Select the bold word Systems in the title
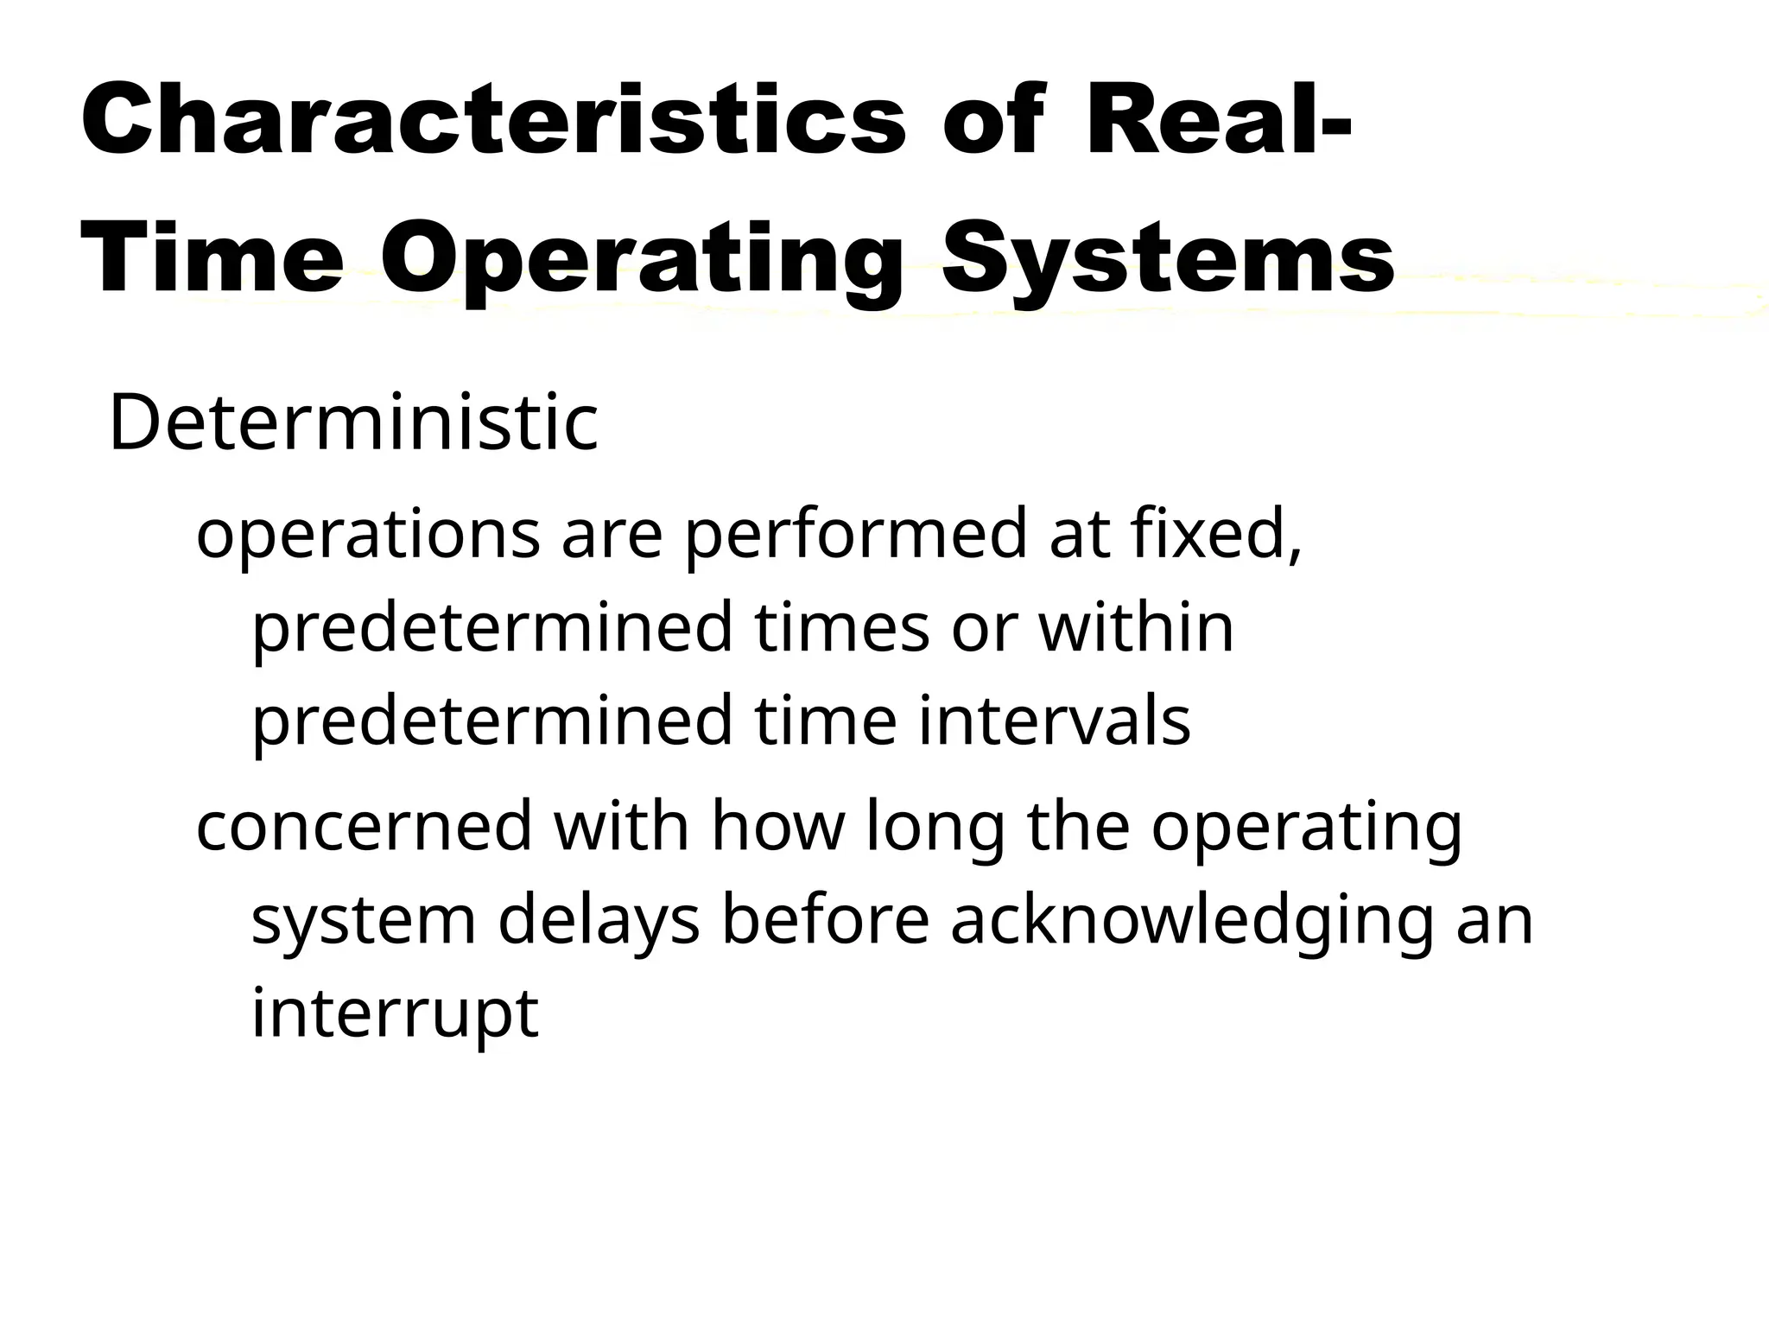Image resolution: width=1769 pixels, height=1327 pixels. pyautogui.click(x=1168, y=257)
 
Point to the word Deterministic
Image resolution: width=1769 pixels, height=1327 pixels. pyautogui.click(x=353, y=422)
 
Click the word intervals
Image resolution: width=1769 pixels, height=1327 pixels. pyautogui.click(x=1055, y=721)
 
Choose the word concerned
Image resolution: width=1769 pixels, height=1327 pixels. pyautogui.click(x=364, y=827)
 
